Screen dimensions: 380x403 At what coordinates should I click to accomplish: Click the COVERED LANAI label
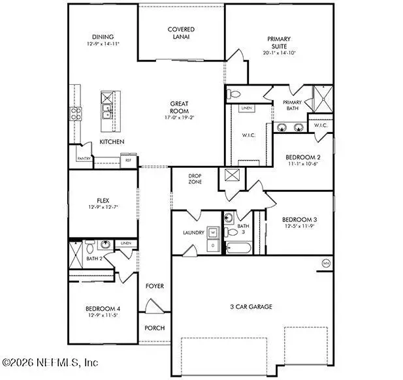[x=181, y=33]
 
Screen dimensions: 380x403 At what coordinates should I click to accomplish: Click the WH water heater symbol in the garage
[x=325, y=264]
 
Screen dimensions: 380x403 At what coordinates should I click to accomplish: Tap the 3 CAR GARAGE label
[x=250, y=306]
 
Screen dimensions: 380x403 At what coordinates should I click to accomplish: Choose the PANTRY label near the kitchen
[x=84, y=159]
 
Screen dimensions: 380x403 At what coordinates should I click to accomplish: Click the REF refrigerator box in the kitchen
[x=128, y=159]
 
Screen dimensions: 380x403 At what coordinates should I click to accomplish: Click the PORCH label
[x=154, y=328]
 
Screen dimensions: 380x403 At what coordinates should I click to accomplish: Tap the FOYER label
[x=154, y=286]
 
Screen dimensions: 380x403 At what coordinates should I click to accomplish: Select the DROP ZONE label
[x=195, y=179]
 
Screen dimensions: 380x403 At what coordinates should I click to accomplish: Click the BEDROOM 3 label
[x=299, y=219]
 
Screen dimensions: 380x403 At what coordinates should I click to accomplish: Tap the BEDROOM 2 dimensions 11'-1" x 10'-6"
[x=302, y=165]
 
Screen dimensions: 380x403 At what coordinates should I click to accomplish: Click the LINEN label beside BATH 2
[x=125, y=244]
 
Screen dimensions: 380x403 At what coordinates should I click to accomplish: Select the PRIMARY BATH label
[x=292, y=106]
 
